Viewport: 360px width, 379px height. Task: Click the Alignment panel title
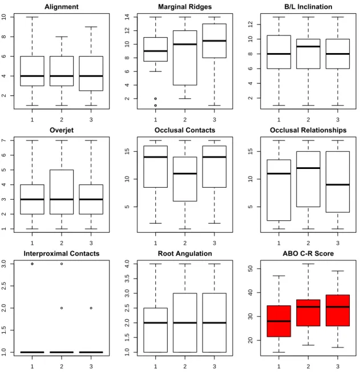[62, 6]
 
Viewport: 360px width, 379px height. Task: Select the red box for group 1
[279, 321]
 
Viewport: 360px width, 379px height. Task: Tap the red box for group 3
[338, 311]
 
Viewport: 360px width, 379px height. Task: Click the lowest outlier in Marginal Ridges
[155, 106]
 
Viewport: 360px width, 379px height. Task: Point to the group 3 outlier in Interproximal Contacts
[91, 308]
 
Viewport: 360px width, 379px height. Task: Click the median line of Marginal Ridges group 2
[185, 44]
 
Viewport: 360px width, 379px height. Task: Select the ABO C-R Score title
[308, 253]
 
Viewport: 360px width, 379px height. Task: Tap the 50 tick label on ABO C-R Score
[250, 268]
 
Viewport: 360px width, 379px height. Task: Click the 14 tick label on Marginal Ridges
[127, 17]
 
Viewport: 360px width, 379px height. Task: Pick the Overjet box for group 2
[62, 192]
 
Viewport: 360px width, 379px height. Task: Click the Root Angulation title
[185, 253]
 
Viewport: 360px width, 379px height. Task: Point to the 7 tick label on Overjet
[4, 140]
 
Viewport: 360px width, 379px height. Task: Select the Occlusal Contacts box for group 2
[185, 179]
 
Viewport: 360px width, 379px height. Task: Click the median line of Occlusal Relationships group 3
[338, 185]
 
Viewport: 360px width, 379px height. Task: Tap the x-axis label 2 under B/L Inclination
[308, 120]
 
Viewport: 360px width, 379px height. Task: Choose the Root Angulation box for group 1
[155, 330]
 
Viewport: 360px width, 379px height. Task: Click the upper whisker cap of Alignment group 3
[91, 27]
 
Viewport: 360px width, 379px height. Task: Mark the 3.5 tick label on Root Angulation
[127, 279]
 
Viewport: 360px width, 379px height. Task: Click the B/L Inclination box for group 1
[279, 52]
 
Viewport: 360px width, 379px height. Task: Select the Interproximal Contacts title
[62, 253]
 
